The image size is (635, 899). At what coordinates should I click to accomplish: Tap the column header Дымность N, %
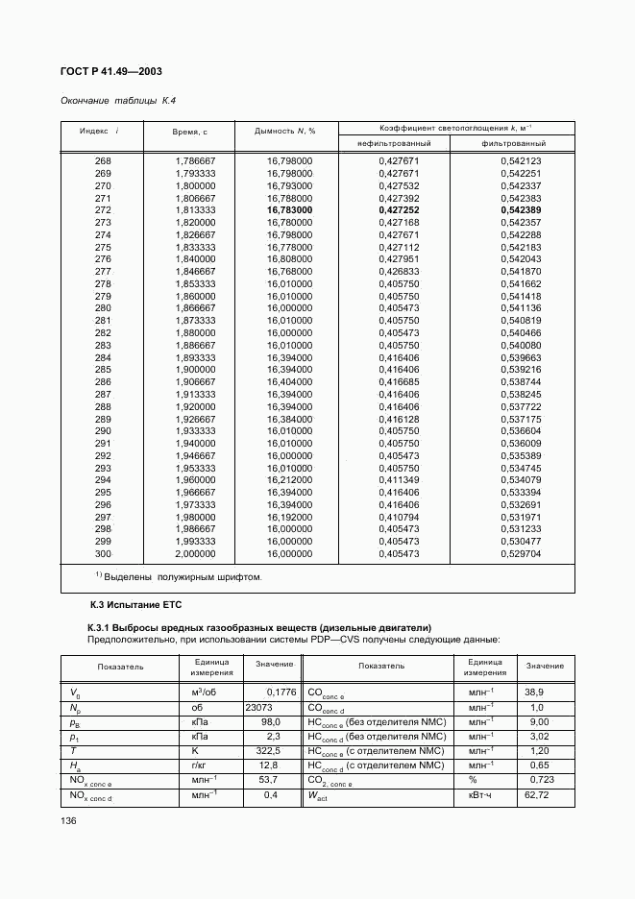[x=285, y=131]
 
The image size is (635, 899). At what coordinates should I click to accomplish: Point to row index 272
[x=103, y=209]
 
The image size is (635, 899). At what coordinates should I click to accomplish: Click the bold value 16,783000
[x=289, y=209]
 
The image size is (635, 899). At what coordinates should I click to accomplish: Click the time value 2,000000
[x=195, y=554]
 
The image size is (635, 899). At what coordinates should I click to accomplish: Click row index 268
[x=103, y=160]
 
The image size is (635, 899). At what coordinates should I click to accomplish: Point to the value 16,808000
[x=289, y=259]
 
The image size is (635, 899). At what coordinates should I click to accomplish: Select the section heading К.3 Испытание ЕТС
[x=129, y=604]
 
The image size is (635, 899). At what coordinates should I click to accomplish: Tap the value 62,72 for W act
[x=537, y=796]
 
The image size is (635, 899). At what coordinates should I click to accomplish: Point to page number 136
[x=68, y=821]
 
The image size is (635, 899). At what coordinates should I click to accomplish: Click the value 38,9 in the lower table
[x=534, y=692]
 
